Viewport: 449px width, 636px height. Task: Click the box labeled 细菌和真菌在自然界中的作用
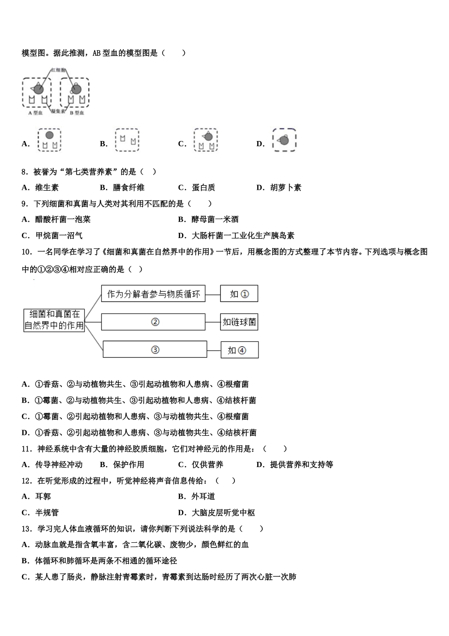(x=54, y=320)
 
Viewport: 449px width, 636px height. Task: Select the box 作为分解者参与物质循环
(x=154, y=294)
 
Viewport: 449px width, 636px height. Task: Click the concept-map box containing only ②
(x=154, y=322)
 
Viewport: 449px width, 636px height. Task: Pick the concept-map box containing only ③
(x=155, y=350)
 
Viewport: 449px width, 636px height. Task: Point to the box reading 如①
(x=239, y=294)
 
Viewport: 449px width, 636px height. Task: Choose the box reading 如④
(x=240, y=350)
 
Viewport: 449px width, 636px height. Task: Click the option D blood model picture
(x=284, y=140)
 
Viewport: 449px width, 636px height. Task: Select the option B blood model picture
(x=127, y=140)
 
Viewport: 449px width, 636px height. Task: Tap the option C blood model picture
(x=206, y=140)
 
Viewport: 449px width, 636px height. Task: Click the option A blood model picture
(x=50, y=140)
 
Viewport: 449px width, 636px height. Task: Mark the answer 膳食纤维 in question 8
(x=129, y=187)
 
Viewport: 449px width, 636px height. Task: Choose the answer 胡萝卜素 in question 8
(x=285, y=187)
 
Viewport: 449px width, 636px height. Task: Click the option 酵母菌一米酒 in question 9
(x=215, y=219)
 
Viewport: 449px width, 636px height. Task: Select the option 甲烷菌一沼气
(x=59, y=235)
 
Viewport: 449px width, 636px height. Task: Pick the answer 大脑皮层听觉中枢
(x=223, y=512)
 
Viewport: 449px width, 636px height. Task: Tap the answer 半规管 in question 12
(x=47, y=512)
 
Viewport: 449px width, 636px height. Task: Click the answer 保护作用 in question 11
(x=129, y=465)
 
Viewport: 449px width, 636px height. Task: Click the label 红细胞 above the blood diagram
(x=59, y=70)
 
